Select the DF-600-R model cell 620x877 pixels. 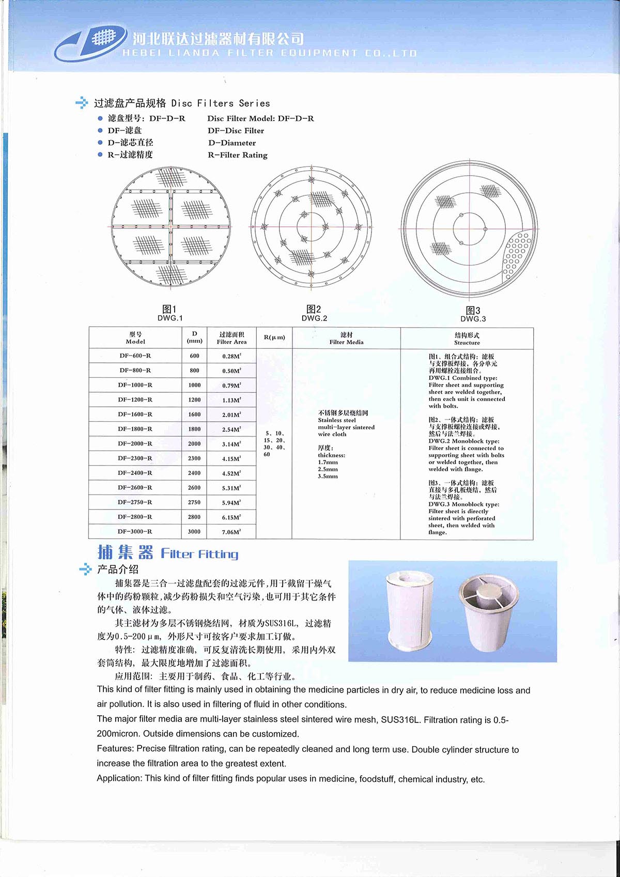click(135, 356)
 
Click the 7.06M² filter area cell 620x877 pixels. click(231, 532)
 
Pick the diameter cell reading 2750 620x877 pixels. click(194, 502)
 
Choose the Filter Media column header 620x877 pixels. click(346, 338)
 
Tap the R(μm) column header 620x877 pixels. click(274, 337)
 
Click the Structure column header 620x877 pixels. click(467, 339)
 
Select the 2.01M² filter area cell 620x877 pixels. click(231, 414)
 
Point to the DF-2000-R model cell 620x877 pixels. click(135, 443)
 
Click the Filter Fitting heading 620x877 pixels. click(199, 554)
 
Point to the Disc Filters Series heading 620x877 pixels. click(182, 103)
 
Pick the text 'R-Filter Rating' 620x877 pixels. click(238, 155)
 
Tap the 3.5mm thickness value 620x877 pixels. click(328, 476)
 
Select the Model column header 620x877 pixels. click(135, 338)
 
